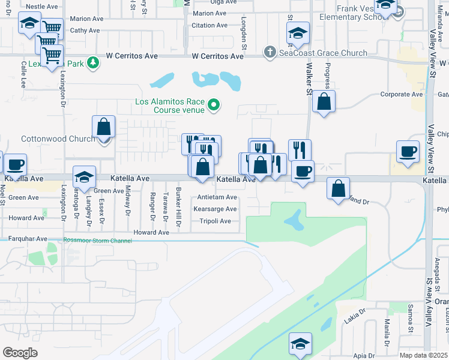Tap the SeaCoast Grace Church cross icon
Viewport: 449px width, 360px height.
(270, 53)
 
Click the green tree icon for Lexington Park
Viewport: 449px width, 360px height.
(92, 62)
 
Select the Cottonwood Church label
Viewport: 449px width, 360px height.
(58, 139)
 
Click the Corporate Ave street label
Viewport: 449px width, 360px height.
(402, 94)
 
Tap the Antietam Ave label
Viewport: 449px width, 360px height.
(217, 197)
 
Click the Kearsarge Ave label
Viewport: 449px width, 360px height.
(215, 209)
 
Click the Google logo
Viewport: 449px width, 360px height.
(20, 353)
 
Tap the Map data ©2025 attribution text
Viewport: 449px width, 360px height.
(423, 355)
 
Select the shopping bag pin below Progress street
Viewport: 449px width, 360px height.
(324, 102)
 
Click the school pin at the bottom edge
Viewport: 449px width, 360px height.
(300, 344)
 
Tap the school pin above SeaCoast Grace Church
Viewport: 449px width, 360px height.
(298, 34)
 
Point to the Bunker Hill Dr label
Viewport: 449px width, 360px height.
(178, 206)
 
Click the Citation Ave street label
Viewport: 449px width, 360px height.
(209, 25)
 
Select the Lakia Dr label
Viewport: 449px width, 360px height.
(354, 316)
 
